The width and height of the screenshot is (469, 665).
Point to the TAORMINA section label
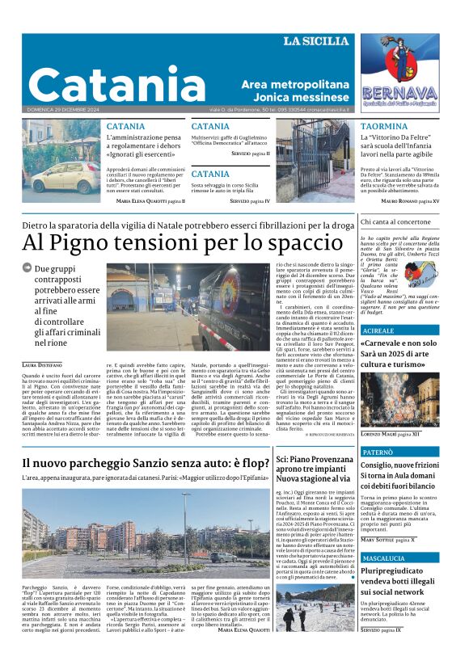pyautogui.click(x=384, y=127)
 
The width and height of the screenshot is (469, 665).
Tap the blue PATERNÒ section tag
pyautogui.click(x=379, y=453)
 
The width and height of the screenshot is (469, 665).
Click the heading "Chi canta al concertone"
pyautogui.click(x=395, y=221)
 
